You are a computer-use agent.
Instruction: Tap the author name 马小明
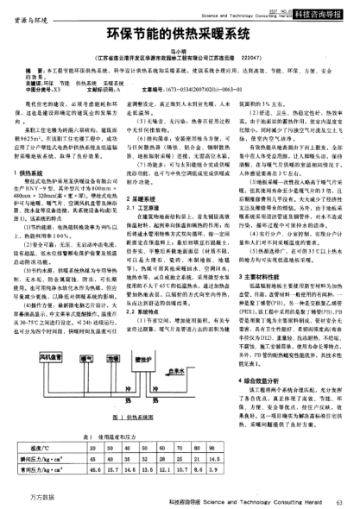(x=180, y=53)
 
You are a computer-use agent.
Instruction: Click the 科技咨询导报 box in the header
(x=332, y=14)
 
